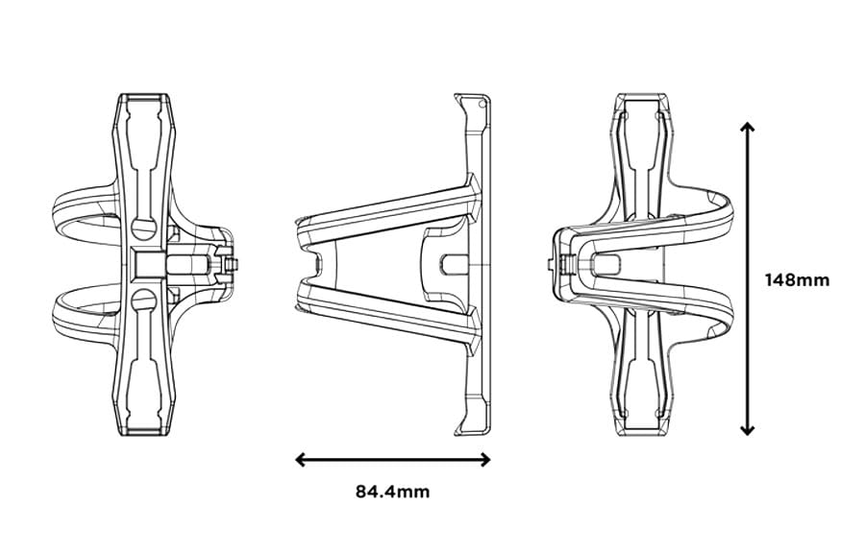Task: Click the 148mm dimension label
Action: point(797,279)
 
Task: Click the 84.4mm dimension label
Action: point(393,492)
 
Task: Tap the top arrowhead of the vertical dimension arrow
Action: point(747,128)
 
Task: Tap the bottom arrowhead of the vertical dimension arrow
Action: point(747,429)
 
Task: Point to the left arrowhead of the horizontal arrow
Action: point(301,459)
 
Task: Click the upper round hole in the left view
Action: point(144,228)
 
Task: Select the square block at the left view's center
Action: point(150,264)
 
